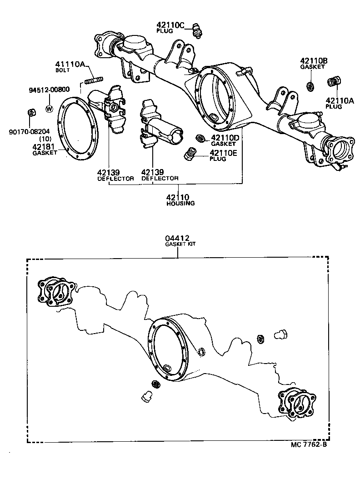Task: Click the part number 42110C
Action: [x=170, y=25]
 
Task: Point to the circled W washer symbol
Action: [x=50, y=109]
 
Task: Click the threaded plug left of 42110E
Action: [x=190, y=154]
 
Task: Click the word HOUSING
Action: [x=180, y=204]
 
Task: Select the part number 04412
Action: [x=177, y=238]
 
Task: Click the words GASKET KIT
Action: [x=177, y=244]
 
